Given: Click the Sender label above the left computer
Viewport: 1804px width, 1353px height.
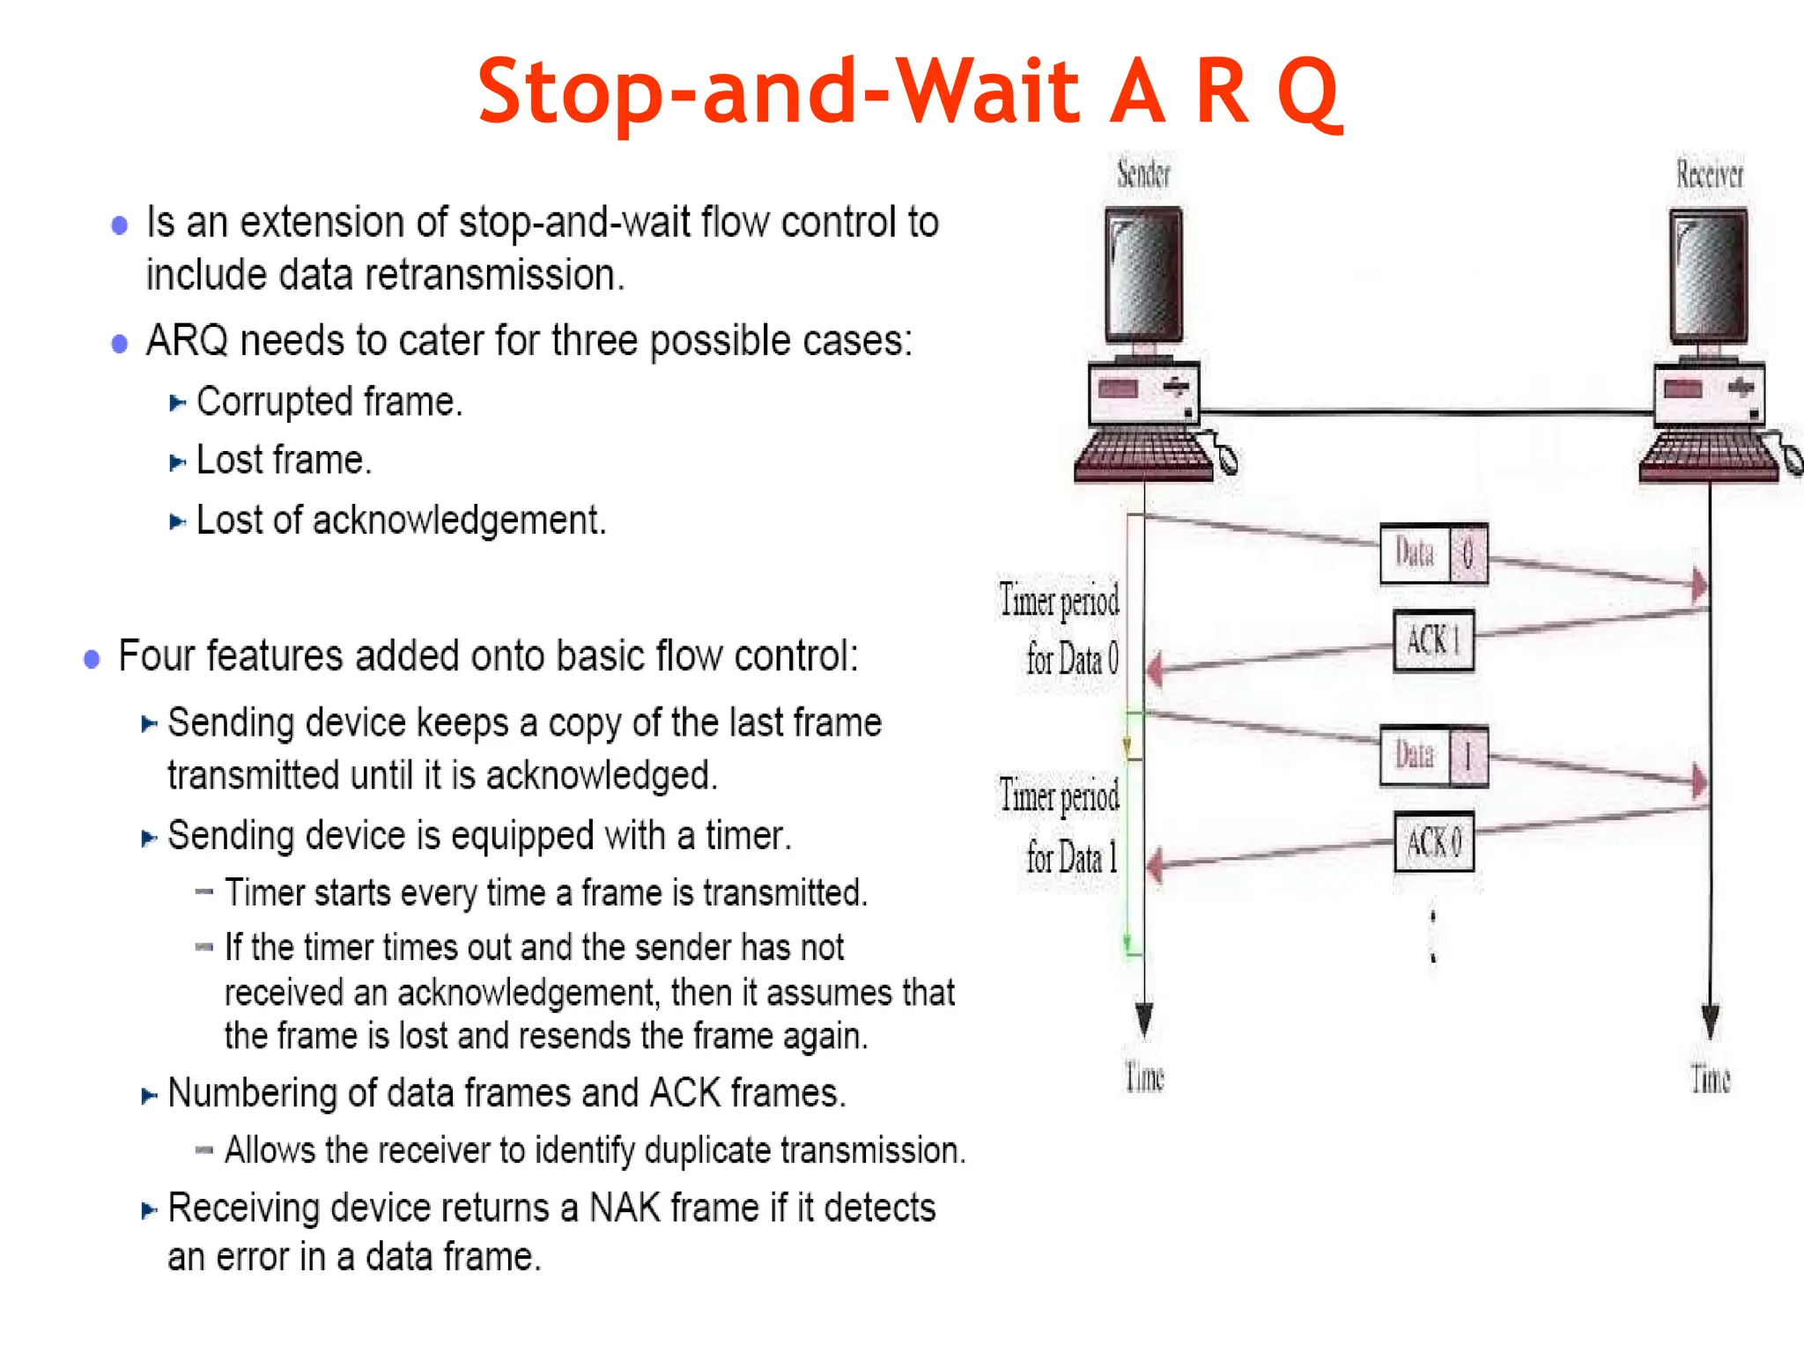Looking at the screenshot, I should [x=1143, y=174].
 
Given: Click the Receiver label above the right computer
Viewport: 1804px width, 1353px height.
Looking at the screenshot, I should [x=1709, y=174].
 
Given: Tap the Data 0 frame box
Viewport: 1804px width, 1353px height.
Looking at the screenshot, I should [x=1433, y=554].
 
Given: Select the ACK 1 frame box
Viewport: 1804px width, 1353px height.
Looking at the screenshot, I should [x=1433, y=640].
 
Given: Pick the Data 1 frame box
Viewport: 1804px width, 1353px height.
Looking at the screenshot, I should [x=1433, y=755].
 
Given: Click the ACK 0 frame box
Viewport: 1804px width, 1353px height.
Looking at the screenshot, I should [x=1433, y=842].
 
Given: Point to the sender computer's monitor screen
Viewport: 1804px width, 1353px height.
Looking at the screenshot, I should [x=1143, y=275].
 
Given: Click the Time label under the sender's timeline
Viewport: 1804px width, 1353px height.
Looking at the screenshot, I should [x=1144, y=1077].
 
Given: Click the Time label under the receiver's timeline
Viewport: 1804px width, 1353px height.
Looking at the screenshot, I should [x=1710, y=1078].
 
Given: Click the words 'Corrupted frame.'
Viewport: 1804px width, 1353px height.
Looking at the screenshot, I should [x=329, y=402].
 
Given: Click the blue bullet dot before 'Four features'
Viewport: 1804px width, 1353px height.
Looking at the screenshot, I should [x=92, y=659].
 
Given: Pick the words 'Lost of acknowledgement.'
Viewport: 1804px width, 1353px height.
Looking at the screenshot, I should [x=401, y=520].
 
